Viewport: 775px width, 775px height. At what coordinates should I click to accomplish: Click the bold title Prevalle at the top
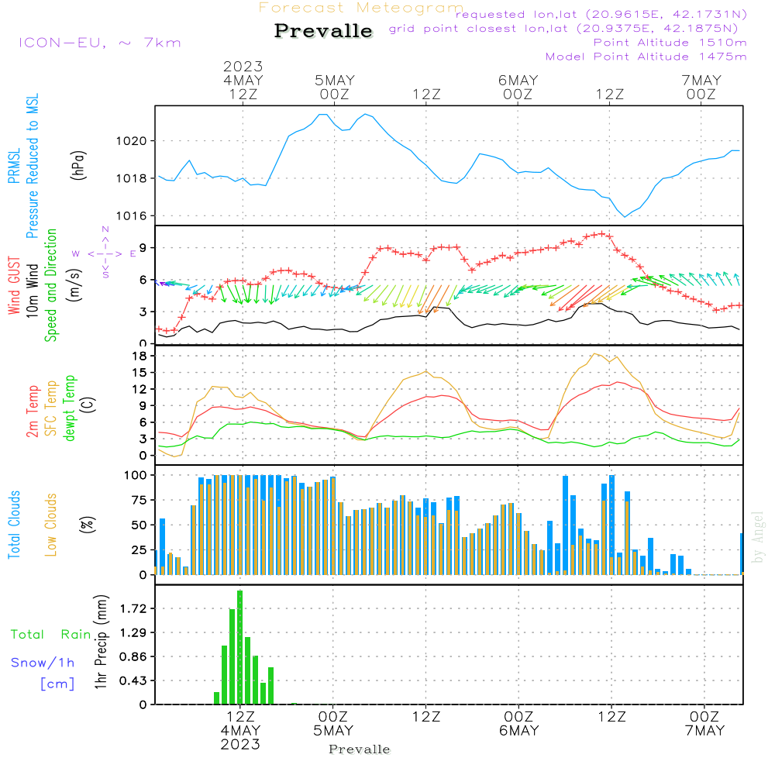pyautogui.click(x=323, y=31)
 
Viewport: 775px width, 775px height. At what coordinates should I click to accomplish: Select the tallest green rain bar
pyautogui.click(x=239, y=647)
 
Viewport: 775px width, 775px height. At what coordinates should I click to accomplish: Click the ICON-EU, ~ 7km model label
pyautogui.click(x=99, y=43)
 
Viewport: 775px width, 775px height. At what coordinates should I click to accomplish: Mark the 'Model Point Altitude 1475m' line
pyautogui.click(x=646, y=57)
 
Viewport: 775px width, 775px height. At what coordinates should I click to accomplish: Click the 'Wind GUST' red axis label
pyautogui.click(x=15, y=286)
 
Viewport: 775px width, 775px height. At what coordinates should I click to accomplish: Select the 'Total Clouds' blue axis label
pyautogui.click(x=15, y=525)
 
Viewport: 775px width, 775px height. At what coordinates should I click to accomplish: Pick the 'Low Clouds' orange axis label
pyautogui.click(x=52, y=525)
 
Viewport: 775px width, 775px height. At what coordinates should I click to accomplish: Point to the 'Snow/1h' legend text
pyautogui.click(x=43, y=663)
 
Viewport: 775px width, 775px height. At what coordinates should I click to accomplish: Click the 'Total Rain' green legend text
pyautogui.click(x=50, y=635)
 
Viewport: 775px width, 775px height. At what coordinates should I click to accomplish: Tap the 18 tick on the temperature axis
pyautogui.click(x=141, y=356)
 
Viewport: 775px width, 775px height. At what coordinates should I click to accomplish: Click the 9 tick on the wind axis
pyautogui.click(x=144, y=248)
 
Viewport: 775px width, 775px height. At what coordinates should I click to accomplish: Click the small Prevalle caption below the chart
pyautogui.click(x=360, y=749)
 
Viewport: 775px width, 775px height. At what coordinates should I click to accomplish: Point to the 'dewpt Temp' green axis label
pyautogui.click(x=71, y=408)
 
